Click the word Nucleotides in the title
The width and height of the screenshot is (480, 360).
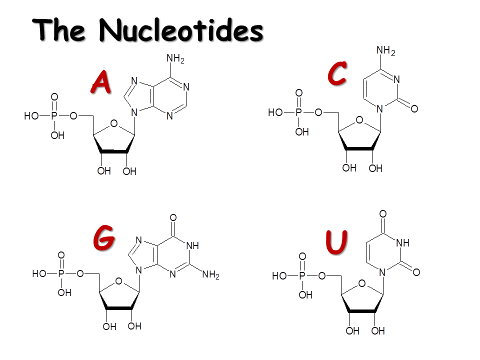[180, 30]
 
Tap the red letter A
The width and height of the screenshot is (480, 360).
[101, 82]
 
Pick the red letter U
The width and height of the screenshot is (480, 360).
[336, 242]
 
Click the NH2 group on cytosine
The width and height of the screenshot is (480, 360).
[385, 51]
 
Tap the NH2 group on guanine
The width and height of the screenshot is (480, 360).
[210, 274]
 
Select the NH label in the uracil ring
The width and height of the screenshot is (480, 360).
[402, 243]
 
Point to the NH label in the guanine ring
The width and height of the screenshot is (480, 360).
[192, 245]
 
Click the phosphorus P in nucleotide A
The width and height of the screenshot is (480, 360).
[54, 116]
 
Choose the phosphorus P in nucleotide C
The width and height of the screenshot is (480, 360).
[299, 112]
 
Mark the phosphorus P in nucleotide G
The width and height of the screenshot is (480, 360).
[61, 274]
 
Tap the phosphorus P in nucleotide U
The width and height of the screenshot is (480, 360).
[302, 276]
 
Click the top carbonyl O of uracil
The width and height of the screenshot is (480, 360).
[383, 214]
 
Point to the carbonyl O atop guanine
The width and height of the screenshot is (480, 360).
[173, 217]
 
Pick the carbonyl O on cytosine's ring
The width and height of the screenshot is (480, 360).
[414, 108]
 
